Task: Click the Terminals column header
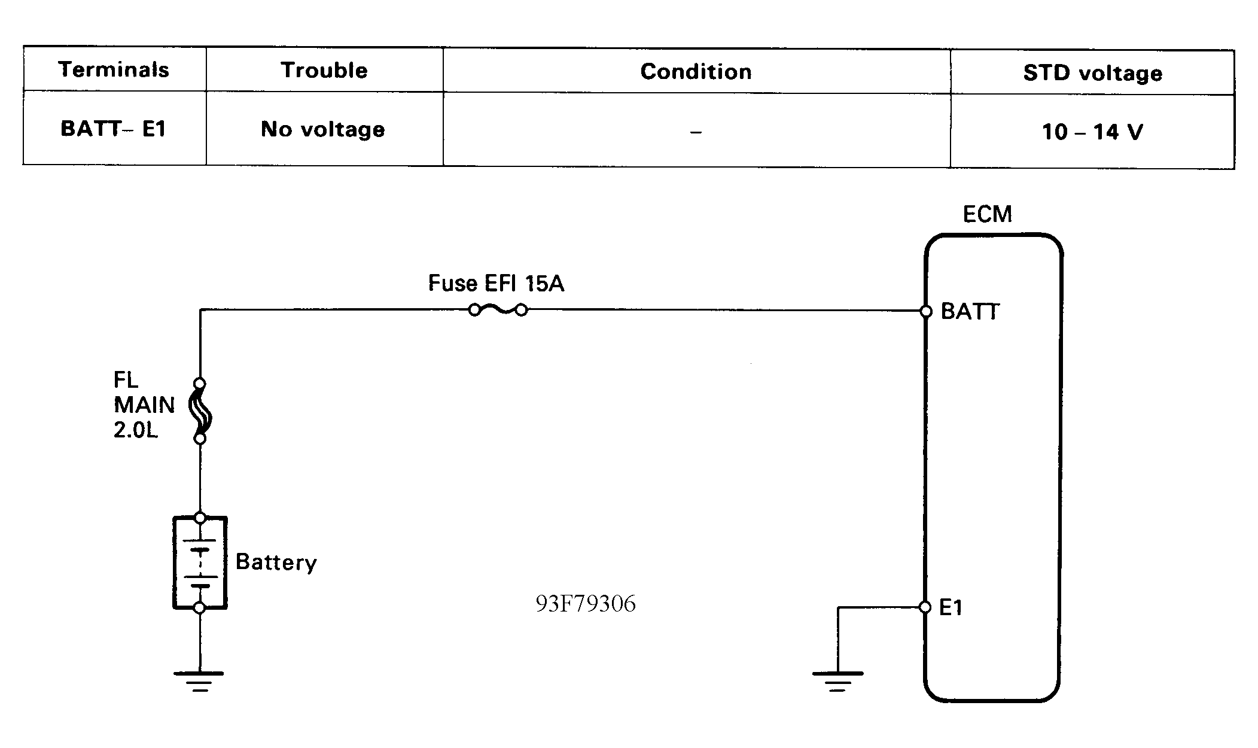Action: click(x=114, y=70)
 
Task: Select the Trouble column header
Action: click(x=324, y=71)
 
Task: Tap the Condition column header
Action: click(x=696, y=72)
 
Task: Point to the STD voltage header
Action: click(x=1092, y=73)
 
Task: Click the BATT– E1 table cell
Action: click(x=114, y=129)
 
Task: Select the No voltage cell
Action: click(x=323, y=129)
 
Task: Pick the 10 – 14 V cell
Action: click(x=1092, y=132)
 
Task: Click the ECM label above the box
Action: click(x=987, y=214)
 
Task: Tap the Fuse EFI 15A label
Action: click(x=496, y=283)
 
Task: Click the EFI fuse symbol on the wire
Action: click(x=498, y=310)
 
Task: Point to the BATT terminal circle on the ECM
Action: click(x=926, y=311)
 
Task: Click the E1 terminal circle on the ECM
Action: click(x=925, y=607)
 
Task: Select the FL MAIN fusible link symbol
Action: click(x=200, y=411)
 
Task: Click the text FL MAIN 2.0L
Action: click(x=144, y=405)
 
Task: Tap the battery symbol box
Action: click(x=200, y=562)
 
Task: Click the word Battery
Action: click(x=276, y=562)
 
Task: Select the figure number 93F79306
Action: click(x=585, y=604)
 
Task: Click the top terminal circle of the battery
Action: click(x=200, y=518)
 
